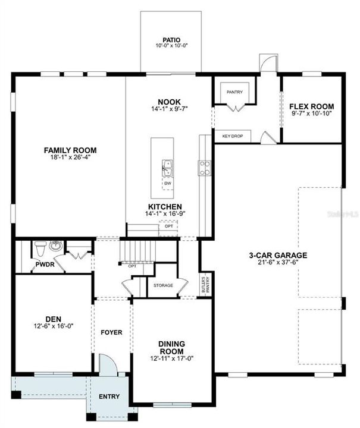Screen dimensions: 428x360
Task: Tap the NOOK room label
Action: tap(170, 102)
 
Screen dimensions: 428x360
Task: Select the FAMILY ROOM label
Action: tap(70, 150)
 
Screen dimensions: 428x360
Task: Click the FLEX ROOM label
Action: tap(311, 106)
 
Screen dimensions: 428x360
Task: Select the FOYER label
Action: tap(111, 332)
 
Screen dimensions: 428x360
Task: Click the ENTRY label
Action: tap(109, 396)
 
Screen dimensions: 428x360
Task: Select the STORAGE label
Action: tap(163, 285)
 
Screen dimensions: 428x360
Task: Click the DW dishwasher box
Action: tap(167, 183)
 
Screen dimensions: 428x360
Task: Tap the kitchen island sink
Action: tap(167, 168)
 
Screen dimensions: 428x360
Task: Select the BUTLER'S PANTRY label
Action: tap(204, 285)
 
